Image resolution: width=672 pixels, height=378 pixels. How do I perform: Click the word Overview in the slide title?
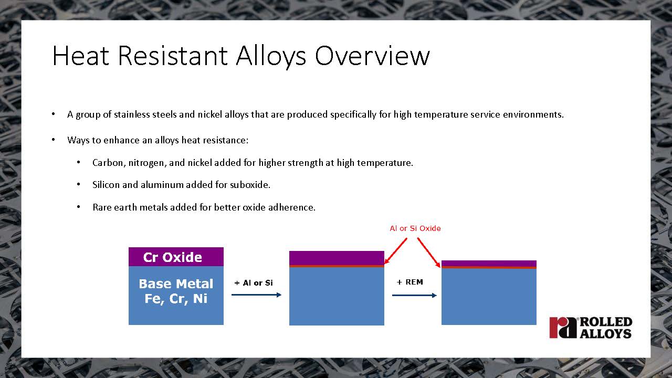tap(372, 56)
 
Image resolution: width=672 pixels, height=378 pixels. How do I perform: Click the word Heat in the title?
tap(81, 56)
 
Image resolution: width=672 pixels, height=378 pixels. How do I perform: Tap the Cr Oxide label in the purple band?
tap(173, 257)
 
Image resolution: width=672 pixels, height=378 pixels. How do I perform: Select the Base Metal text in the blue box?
tap(176, 283)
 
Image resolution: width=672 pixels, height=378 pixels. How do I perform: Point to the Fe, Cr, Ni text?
tap(176, 299)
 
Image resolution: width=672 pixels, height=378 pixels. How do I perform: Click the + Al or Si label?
tap(254, 283)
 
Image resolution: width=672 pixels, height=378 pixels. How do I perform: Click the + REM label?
tap(410, 282)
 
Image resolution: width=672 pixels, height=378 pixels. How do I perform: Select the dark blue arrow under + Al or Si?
tap(256, 295)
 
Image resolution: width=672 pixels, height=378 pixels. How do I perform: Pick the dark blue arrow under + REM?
tap(414, 296)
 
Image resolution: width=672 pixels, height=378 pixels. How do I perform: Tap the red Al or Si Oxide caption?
tap(415, 228)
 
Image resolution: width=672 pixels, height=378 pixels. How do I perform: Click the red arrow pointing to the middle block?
tap(396, 251)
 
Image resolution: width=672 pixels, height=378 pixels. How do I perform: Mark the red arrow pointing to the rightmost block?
tap(429, 253)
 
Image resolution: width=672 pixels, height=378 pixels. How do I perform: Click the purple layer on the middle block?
tap(337, 258)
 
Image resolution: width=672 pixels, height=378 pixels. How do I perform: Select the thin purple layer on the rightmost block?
tap(489, 264)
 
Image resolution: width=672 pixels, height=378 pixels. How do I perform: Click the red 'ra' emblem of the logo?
tap(563, 328)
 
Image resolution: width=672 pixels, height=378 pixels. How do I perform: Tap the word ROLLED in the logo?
tap(606, 322)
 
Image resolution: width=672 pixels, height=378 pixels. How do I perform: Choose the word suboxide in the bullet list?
tap(250, 184)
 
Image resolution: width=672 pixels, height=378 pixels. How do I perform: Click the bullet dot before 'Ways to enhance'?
tap(53, 140)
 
